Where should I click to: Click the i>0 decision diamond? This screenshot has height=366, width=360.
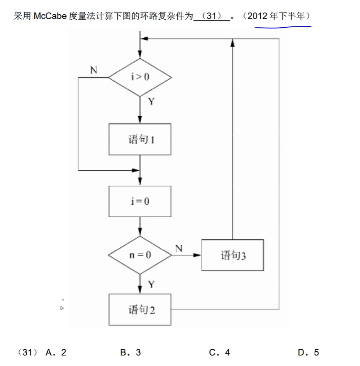pos(140,78)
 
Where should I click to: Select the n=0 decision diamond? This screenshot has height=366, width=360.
pos(140,255)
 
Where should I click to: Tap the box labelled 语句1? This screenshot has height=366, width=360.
pos(140,139)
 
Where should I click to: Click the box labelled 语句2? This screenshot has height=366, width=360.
pos(140,310)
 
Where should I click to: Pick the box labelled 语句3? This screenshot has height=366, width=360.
pos(233,255)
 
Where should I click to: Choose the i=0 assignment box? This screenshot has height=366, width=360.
pos(140,201)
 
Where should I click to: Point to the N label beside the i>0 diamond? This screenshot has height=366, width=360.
pos(93,70)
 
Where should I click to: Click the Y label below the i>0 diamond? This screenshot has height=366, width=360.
pos(151,102)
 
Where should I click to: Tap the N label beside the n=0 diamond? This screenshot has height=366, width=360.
pos(179,248)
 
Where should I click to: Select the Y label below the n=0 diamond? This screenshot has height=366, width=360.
pos(151,285)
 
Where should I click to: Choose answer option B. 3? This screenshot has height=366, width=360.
pos(130,353)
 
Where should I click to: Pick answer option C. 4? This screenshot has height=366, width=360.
pos(220,353)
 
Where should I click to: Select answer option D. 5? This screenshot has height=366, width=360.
pos(308,353)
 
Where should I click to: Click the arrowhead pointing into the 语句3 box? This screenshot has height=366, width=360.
pos(197,255)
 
